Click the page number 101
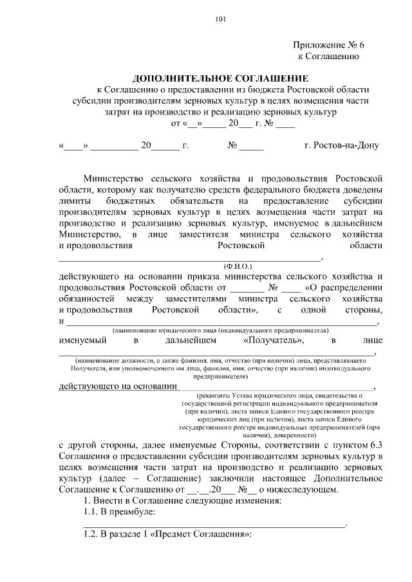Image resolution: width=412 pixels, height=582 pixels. (220, 19)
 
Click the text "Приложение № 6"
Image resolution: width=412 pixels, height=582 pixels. (329, 45)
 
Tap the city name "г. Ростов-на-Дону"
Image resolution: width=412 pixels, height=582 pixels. (342, 145)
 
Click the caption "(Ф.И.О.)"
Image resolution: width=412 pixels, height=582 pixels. (238, 265)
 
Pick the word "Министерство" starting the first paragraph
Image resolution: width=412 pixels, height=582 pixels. (115, 177)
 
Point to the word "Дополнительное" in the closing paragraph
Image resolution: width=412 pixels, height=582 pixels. (350, 479)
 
